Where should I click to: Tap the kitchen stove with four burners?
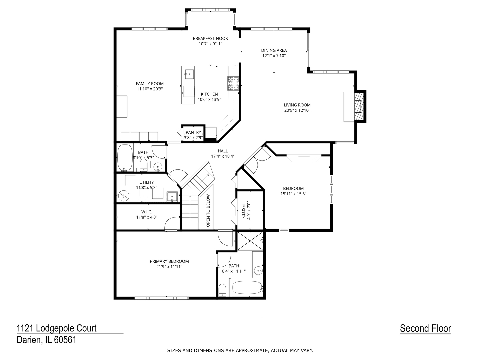(x=233, y=83)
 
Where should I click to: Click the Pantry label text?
(x=193, y=132)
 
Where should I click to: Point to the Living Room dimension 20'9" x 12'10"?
(x=297, y=110)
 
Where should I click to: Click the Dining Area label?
(x=274, y=50)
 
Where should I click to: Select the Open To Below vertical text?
(x=208, y=210)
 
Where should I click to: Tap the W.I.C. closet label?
(x=147, y=212)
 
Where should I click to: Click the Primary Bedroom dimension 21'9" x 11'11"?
(x=169, y=267)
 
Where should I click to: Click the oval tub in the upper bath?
(x=125, y=158)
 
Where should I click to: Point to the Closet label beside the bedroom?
(x=243, y=210)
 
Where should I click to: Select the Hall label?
(x=223, y=151)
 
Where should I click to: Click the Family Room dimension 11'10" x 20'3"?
(x=150, y=89)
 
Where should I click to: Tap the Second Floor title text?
(x=425, y=328)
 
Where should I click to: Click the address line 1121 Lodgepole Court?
(x=57, y=328)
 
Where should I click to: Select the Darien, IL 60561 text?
(x=47, y=340)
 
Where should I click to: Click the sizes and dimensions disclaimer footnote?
(x=240, y=350)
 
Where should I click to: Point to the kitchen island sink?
(x=189, y=73)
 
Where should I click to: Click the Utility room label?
(x=147, y=182)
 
